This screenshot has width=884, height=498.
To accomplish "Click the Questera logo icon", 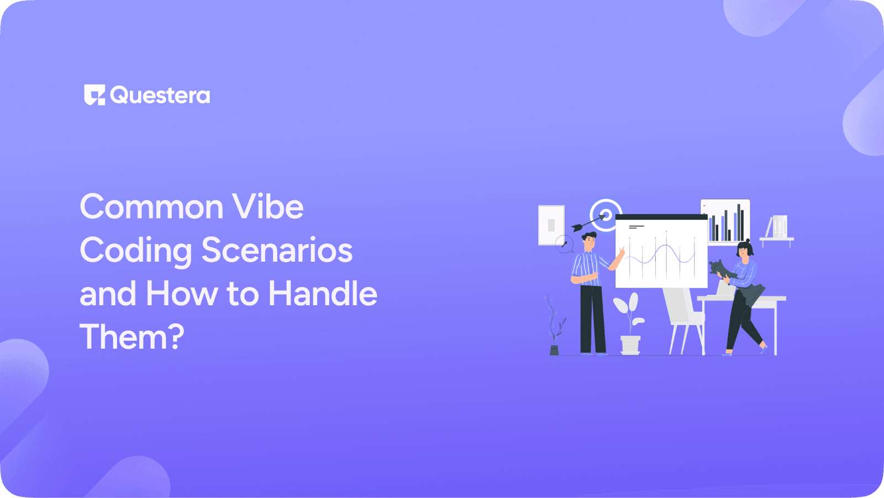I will click(94, 95).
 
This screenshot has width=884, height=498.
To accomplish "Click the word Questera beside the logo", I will click(160, 96).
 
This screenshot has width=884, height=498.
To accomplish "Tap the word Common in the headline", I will click(151, 207).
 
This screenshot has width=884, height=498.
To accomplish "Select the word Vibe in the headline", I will click(268, 207).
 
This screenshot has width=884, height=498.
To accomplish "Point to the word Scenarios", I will click(277, 250).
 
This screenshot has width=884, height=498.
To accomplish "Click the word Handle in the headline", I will click(323, 293).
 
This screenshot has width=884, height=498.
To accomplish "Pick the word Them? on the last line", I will click(131, 336).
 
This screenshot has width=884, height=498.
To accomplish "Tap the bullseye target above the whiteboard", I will click(606, 213).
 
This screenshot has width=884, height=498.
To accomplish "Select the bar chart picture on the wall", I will click(725, 221).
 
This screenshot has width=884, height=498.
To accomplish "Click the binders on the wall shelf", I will click(778, 226).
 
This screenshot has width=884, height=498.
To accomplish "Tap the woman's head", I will click(745, 249).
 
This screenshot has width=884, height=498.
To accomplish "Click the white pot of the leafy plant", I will click(630, 345).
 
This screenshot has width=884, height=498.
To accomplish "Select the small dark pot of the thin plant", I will click(554, 350).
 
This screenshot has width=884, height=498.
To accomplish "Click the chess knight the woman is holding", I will click(720, 268).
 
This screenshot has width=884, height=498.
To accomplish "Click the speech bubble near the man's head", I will click(564, 243).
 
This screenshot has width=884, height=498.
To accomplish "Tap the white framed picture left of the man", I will click(551, 225).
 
